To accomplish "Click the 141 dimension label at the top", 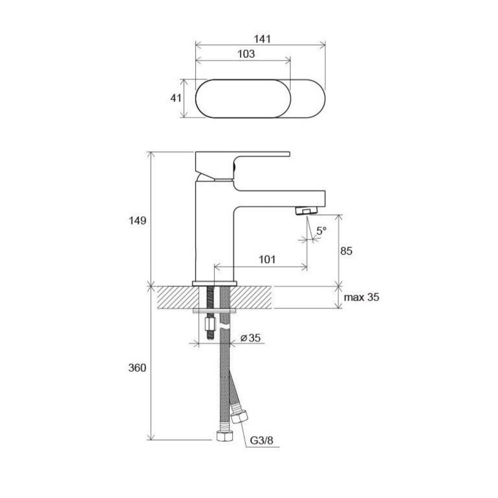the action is tap(262, 39).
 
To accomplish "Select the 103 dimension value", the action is tap(246, 54).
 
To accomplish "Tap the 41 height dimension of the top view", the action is tap(176, 98).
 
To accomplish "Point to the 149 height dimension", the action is tap(137, 221).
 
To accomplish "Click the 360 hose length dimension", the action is tap(137, 368).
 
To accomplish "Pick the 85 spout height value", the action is tap(346, 251).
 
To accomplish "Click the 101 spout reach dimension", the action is tap(267, 259).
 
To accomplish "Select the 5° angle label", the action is tap(322, 231).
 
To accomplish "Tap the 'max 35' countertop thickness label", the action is tap(361, 298).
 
